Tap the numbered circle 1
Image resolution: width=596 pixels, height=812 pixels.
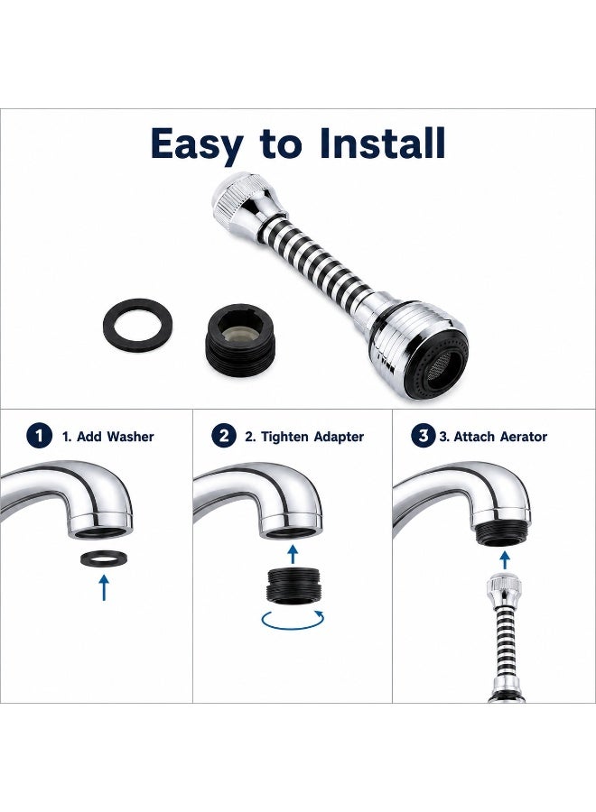pos(40,436)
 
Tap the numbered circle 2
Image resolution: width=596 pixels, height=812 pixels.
pos(224,436)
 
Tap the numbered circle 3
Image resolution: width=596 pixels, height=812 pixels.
pos(423,436)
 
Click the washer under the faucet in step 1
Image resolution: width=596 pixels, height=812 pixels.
pos(104,558)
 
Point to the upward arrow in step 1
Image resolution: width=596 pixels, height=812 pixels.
pos(104,587)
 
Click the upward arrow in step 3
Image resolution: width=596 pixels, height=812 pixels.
pos(504,559)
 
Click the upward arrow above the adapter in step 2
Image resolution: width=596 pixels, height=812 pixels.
pos(293,554)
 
